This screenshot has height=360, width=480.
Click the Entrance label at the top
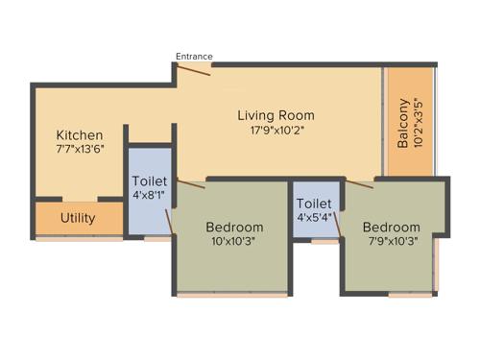click(194, 56)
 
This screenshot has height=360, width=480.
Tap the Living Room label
click(276, 116)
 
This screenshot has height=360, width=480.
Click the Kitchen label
click(79, 134)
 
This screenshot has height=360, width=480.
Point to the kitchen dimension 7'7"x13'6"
click(79, 150)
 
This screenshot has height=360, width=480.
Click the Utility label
click(78, 218)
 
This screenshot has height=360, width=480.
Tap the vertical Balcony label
click(403, 122)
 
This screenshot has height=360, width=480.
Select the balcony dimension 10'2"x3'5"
click(420, 122)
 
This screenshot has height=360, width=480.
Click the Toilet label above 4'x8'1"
click(150, 180)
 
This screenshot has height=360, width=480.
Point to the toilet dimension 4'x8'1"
click(150, 195)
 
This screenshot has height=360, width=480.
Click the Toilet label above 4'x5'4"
click(314, 204)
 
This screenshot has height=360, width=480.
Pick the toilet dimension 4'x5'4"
click(314, 218)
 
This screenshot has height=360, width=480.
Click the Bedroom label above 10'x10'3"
click(234, 227)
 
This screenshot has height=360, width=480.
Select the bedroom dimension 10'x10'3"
click(234, 242)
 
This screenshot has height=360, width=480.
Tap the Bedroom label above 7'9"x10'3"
click(392, 227)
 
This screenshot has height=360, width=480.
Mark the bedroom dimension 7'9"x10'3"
click(392, 242)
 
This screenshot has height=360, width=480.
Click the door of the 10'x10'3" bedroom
click(191, 183)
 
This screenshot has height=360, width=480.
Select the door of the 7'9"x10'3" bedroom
click(360, 183)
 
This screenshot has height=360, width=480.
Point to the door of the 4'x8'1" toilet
click(169, 220)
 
